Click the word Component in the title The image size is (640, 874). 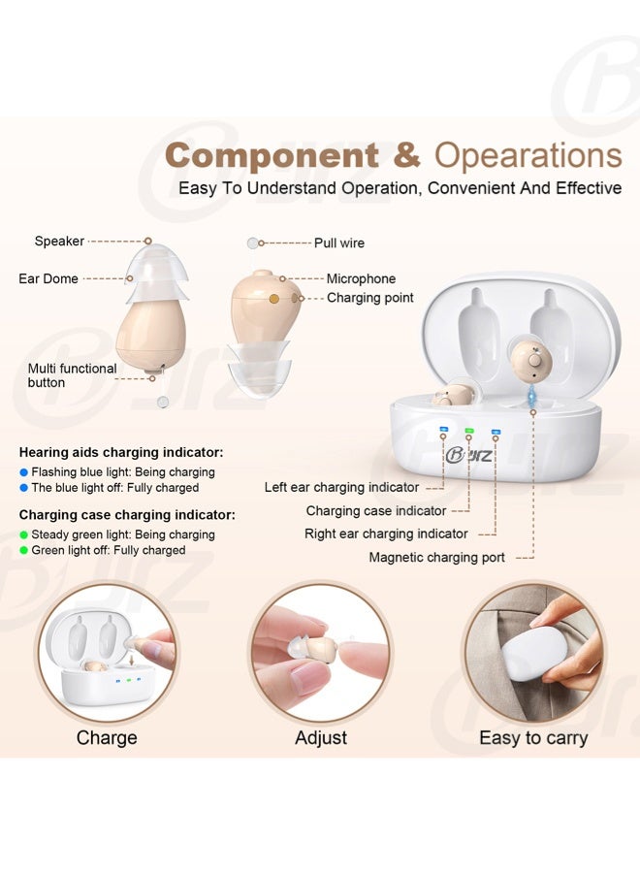[272, 155]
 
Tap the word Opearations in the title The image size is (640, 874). [528, 156]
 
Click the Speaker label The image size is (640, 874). [59, 241]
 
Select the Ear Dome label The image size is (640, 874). [48, 278]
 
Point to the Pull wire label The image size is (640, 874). [339, 243]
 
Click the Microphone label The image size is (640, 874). [361, 278]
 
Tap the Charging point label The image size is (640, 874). [369, 298]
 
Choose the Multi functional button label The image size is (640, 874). [73, 375]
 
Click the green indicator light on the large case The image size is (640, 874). [469, 431]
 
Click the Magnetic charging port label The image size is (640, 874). [436, 558]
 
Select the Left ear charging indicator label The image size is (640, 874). [341, 487]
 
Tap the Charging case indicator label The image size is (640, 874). [376, 510]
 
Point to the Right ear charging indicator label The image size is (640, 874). [386, 534]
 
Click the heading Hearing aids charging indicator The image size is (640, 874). [121, 452]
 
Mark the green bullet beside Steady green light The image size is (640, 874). [23, 535]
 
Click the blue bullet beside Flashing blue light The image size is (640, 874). [23, 472]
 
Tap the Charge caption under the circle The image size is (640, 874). [107, 738]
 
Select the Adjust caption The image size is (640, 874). [321, 738]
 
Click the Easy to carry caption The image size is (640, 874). [533, 738]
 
